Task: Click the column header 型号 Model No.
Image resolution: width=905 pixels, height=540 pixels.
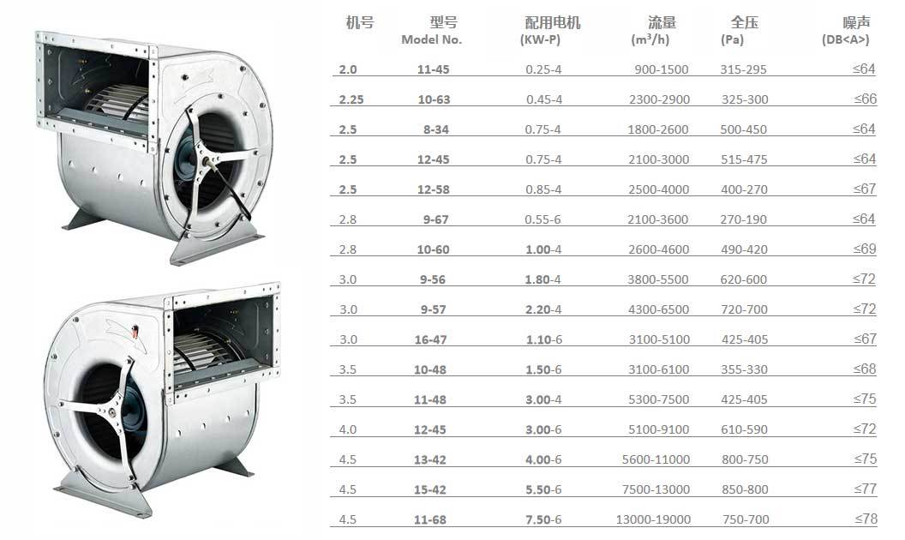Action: tap(432, 31)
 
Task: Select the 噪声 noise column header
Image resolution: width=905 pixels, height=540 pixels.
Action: tap(856, 31)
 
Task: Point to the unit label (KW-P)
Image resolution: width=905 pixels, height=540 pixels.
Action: tap(540, 39)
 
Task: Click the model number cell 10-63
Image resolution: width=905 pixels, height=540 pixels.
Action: tap(434, 99)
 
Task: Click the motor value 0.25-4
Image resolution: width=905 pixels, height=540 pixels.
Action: tap(543, 69)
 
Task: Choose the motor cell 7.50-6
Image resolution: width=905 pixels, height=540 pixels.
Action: tap(543, 519)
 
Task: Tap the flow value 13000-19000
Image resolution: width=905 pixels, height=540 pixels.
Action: tap(653, 519)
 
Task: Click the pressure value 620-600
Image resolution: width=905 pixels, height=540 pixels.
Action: tap(744, 279)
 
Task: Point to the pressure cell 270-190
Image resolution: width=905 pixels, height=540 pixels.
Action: tap(744, 219)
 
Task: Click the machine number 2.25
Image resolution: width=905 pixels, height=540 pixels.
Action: tap(351, 99)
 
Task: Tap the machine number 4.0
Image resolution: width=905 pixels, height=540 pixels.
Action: tap(348, 429)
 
